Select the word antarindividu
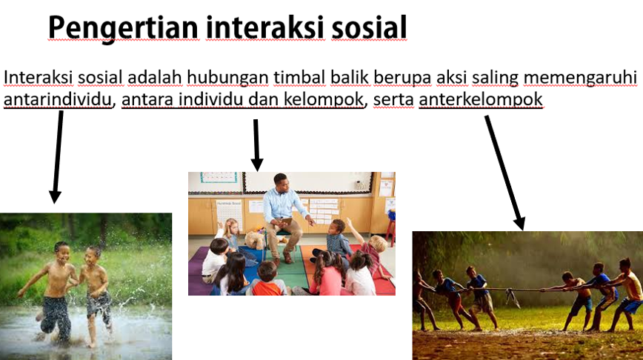pos(58,99)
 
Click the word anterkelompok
pos(481,99)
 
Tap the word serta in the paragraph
pos(393,99)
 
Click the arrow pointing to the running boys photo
pos(56,156)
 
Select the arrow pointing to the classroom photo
pos(256,144)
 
